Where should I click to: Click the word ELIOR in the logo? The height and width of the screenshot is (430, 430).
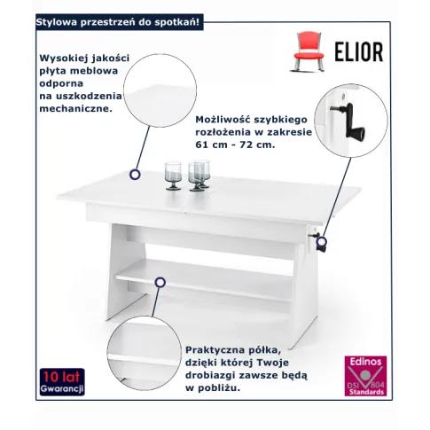click(x=359, y=52)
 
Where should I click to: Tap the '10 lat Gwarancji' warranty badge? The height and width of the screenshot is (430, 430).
click(x=62, y=382)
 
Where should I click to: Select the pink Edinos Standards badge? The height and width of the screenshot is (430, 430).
click(x=365, y=376)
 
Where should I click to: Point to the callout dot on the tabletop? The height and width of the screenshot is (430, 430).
click(x=135, y=175)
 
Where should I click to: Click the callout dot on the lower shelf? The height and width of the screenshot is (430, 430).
click(x=160, y=282)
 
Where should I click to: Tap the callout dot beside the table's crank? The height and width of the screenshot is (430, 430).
click(x=322, y=241)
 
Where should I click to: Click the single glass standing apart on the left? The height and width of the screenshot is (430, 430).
click(x=173, y=176)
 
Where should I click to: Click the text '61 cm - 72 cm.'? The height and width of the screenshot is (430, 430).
click(x=235, y=145)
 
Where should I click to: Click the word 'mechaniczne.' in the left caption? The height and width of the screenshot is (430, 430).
click(x=76, y=109)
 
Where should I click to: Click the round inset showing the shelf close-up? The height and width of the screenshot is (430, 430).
click(x=144, y=353)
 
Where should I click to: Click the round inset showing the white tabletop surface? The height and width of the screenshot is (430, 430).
click(x=160, y=90)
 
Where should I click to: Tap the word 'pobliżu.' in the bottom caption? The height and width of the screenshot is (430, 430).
click(x=218, y=388)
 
